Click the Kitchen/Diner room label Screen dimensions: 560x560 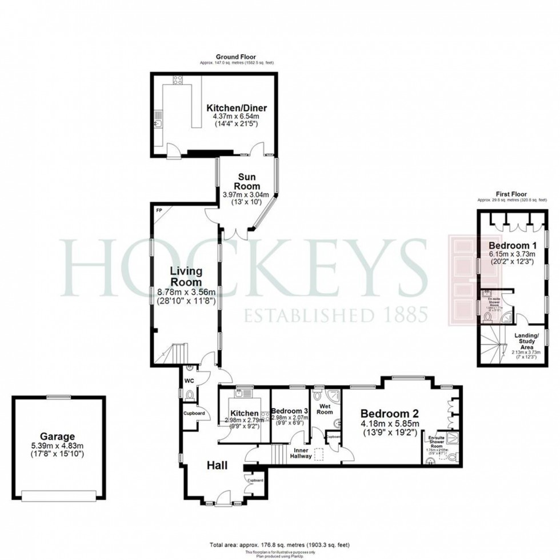click(237, 107)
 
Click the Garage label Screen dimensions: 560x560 click(57, 436)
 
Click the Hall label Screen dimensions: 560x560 click(217, 466)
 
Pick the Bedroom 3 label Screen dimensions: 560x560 click(290, 411)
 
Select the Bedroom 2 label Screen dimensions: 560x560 click(390, 413)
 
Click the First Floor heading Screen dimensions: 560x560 click(511, 194)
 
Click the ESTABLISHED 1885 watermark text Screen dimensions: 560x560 click(336, 315)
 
